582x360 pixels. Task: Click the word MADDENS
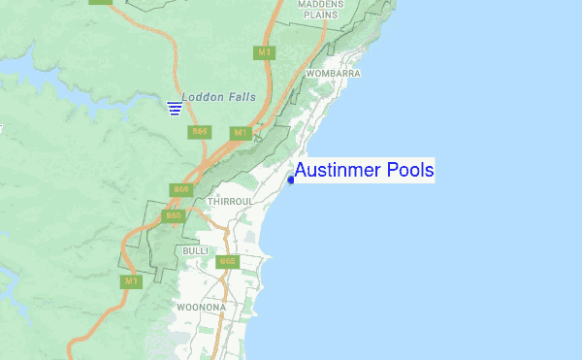click(324, 5)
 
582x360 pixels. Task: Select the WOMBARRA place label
click(333, 74)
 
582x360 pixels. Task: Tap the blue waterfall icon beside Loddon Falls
click(175, 107)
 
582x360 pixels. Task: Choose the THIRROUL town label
click(230, 201)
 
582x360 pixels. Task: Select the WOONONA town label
click(202, 308)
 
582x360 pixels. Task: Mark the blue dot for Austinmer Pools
click(291, 180)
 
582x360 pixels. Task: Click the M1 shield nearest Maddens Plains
click(263, 50)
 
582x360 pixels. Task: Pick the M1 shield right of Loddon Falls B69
click(241, 132)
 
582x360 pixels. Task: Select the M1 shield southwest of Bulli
click(131, 281)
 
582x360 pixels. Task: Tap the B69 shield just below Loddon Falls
click(201, 131)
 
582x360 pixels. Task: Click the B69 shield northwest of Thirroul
click(179, 188)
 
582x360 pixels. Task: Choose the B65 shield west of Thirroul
click(173, 215)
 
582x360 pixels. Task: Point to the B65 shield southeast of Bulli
click(228, 261)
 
